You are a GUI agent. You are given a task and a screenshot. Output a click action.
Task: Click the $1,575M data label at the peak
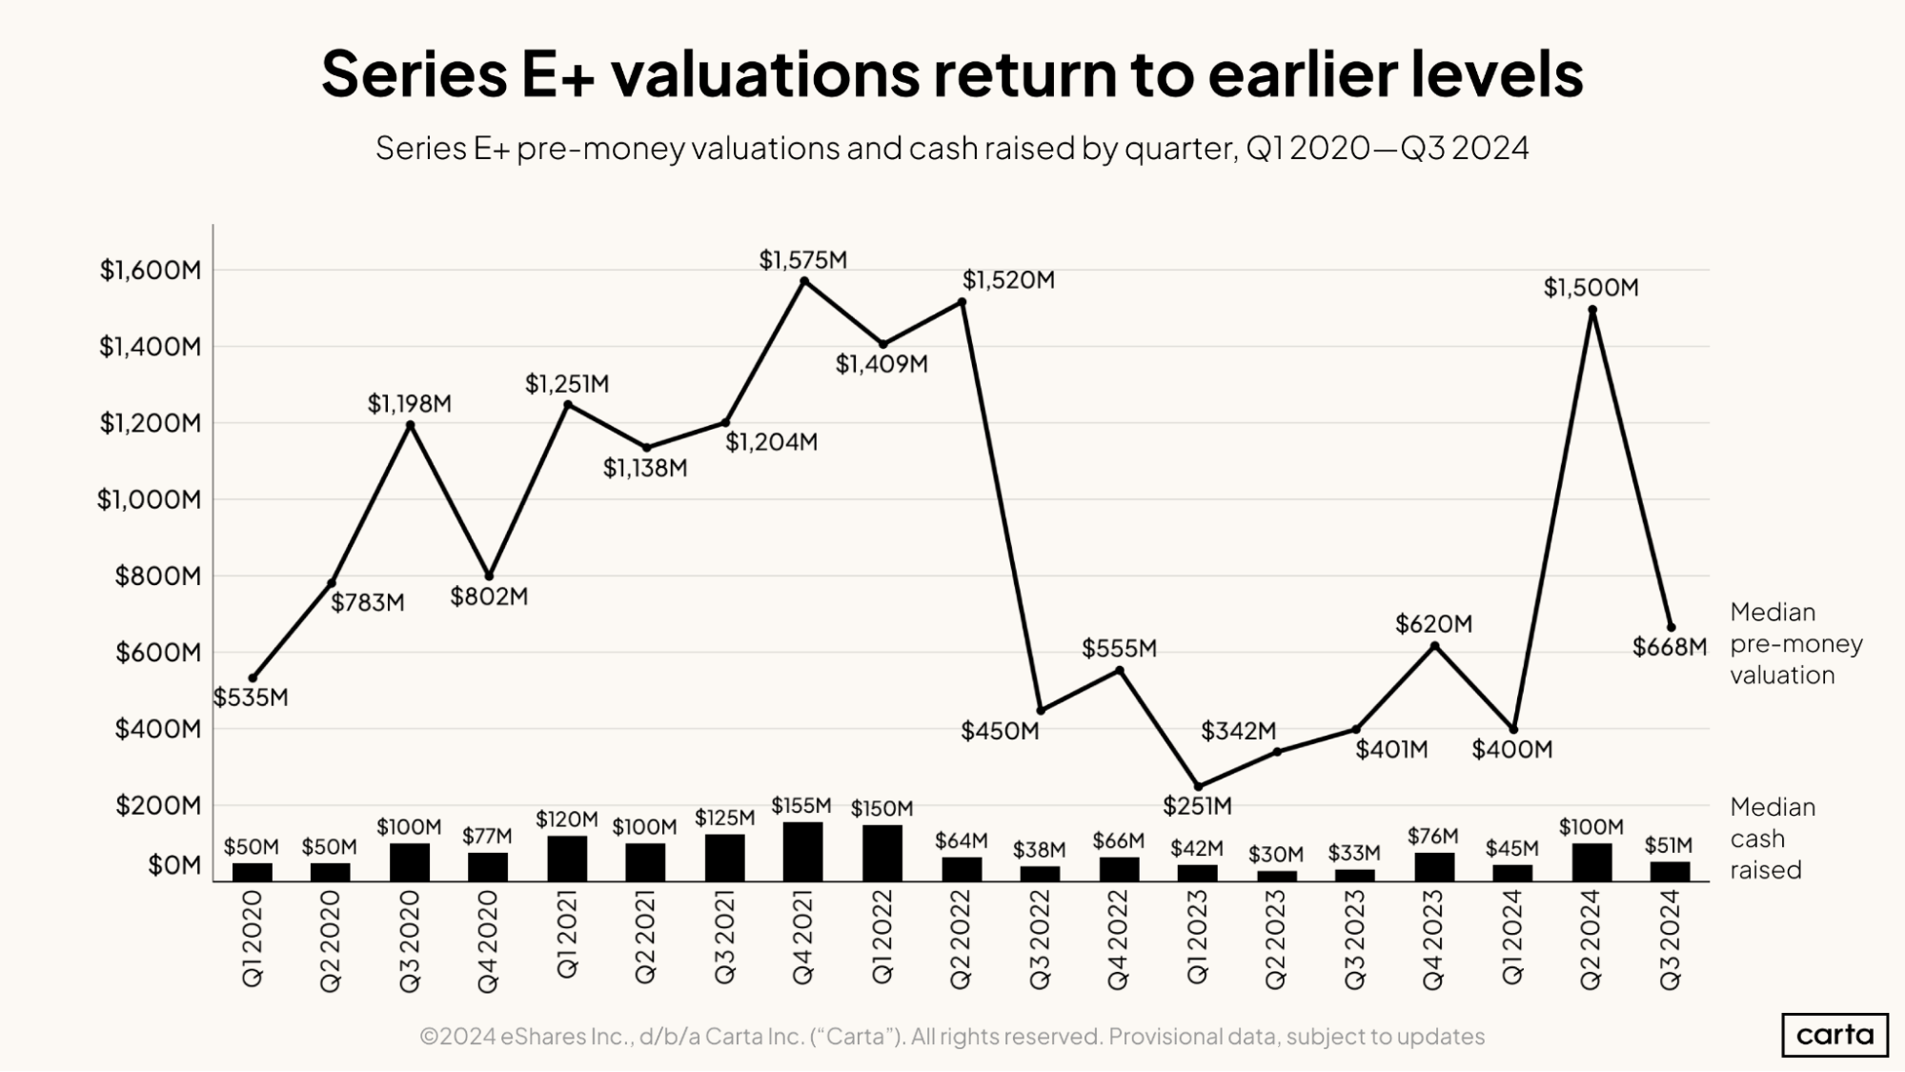tap(802, 259)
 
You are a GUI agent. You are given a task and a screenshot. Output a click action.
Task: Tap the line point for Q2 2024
tap(1592, 310)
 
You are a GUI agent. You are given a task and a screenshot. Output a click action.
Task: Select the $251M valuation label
tap(1197, 806)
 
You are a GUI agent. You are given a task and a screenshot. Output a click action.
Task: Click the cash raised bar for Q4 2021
tap(802, 852)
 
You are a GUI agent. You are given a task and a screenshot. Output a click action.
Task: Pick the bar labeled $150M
tap(882, 853)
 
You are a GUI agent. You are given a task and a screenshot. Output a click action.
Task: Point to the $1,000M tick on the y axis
tap(150, 499)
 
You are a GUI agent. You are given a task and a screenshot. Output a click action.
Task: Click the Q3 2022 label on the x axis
tap(1040, 940)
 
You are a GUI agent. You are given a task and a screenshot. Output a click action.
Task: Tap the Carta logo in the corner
tap(1834, 1035)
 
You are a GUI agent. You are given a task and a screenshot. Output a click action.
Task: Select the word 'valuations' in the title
tap(766, 73)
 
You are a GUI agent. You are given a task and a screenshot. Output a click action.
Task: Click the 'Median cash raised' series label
tap(1773, 839)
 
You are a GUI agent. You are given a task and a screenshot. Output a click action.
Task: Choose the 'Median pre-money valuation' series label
tap(1795, 643)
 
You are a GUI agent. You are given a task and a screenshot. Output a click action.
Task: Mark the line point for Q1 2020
tap(253, 678)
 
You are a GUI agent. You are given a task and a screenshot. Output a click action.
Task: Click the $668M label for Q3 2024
tap(1670, 648)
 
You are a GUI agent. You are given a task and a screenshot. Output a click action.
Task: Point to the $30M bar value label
tap(1276, 855)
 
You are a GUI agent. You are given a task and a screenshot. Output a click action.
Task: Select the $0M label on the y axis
tap(174, 865)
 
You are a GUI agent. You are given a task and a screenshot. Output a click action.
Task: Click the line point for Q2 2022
tap(962, 302)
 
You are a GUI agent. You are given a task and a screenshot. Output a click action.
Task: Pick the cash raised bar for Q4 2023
tap(1434, 867)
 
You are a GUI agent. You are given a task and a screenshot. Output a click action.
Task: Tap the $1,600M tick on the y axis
tap(151, 270)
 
